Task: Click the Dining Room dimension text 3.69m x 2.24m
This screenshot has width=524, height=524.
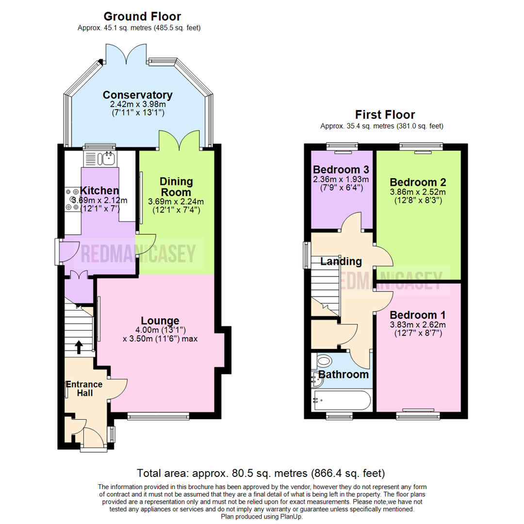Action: tap(176, 201)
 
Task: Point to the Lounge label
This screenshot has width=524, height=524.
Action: tap(160, 321)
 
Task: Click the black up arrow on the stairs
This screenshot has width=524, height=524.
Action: tap(79, 347)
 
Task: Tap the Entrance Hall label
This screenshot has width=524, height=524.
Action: tap(85, 389)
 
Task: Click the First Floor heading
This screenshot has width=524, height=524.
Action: tap(385, 115)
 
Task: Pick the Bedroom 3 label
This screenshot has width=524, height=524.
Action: tap(341, 170)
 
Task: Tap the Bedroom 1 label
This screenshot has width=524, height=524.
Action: tap(418, 314)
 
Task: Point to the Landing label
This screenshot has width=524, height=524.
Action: tap(341, 262)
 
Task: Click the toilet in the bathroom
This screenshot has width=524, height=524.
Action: tap(323, 361)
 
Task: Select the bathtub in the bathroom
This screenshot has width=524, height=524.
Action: tap(341, 401)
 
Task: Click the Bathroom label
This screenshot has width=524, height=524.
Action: tap(343, 375)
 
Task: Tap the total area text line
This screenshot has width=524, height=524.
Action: tap(261, 473)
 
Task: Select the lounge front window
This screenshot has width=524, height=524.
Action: tap(158, 416)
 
